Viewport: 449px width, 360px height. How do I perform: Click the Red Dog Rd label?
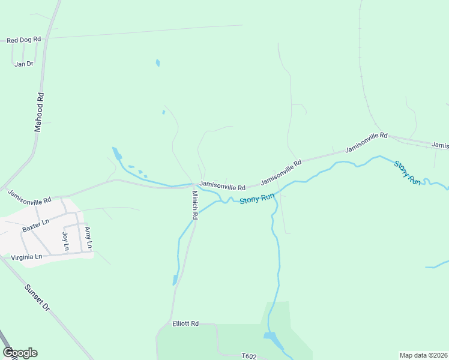point(23,40)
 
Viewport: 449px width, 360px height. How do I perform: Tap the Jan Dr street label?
point(23,64)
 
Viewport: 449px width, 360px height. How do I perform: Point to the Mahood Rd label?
point(39,112)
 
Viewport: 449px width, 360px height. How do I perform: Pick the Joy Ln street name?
point(65,241)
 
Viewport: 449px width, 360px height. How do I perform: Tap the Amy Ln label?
point(88,238)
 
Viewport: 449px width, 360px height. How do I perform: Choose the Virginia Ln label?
point(26,257)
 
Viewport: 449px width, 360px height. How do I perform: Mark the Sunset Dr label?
point(37,296)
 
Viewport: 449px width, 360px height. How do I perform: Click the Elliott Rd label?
point(185,323)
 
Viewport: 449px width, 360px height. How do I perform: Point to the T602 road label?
point(249,356)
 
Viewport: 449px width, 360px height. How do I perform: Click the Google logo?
point(20,352)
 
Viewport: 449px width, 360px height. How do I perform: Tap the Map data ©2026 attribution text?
point(424,355)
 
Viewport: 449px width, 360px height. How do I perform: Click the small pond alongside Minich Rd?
point(175,280)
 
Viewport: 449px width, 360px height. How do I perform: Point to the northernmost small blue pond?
point(158,62)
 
